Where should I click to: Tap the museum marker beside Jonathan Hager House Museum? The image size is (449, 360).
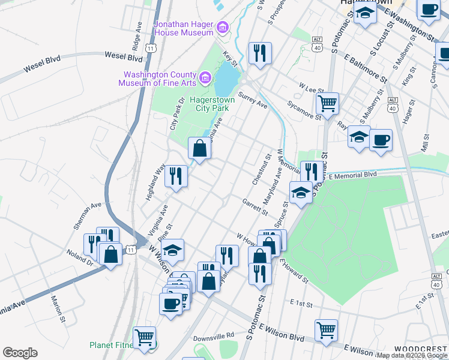(x=223, y=27)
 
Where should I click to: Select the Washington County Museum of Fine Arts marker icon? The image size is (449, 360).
(x=205, y=77)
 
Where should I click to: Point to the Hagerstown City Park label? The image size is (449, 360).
(x=209, y=104)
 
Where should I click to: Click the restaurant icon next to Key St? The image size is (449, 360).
(x=260, y=53)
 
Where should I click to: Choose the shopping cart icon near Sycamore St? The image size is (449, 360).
(x=327, y=103)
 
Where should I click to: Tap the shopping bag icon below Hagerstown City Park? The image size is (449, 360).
(x=200, y=149)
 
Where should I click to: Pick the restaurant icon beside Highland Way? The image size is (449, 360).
(x=176, y=176)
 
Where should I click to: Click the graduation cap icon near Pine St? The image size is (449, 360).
(x=172, y=250)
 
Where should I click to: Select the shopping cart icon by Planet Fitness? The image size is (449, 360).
(x=144, y=338)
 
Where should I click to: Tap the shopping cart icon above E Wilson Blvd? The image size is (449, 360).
(x=326, y=330)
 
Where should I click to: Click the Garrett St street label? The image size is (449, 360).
(x=255, y=206)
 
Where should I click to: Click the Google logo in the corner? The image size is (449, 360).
(x=20, y=353)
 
